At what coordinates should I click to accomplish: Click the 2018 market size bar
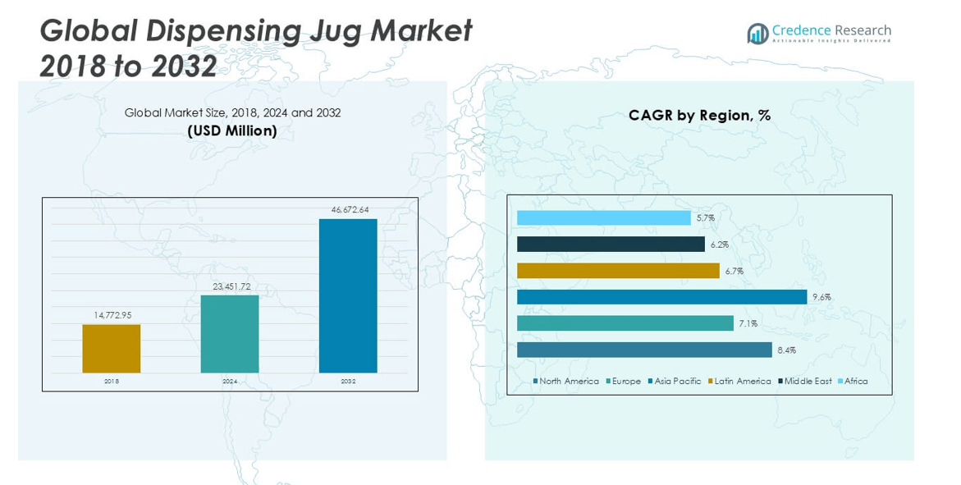point(111,349)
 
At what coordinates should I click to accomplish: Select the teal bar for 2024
point(230,334)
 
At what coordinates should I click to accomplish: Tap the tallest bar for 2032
point(348,295)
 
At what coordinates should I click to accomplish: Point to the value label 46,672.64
point(350,210)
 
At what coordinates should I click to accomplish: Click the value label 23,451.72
point(231,286)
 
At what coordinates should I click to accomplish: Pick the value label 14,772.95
point(112,316)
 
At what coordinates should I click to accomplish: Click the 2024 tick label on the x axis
point(230,382)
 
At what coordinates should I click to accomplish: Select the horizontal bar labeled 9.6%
point(661,297)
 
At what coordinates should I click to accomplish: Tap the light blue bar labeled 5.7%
point(603,217)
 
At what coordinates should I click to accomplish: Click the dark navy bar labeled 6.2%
point(611,245)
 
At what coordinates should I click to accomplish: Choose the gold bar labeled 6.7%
point(618,271)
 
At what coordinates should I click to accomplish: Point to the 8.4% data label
point(786,350)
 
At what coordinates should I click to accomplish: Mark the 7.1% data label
point(748,324)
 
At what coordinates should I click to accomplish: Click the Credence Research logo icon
point(757,34)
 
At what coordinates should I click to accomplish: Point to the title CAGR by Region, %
point(699,116)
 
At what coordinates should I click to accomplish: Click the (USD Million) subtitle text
point(232,130)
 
